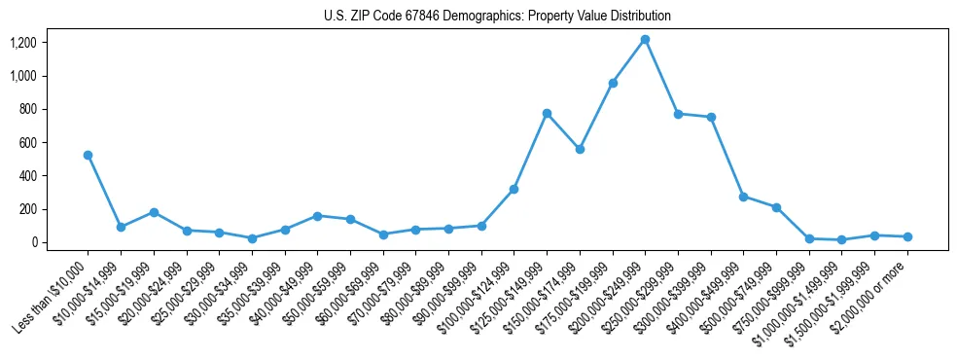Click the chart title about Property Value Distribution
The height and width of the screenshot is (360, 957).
497,17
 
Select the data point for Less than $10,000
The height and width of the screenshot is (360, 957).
89,155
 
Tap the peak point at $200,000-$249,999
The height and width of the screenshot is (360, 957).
645,40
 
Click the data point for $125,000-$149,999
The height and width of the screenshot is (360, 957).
547,113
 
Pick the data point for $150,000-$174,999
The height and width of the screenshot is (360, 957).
580,149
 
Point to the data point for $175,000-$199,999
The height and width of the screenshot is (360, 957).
613,83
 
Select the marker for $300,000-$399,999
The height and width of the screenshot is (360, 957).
711,117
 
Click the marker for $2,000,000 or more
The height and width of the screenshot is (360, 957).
907,236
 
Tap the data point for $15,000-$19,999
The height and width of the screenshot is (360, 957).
154,212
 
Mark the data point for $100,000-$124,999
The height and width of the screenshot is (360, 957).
514,189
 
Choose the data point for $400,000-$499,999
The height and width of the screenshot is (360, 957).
743,197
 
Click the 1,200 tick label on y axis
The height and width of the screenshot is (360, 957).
22,43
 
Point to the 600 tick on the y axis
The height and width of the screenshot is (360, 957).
28,143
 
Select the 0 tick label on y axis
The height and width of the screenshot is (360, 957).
33,242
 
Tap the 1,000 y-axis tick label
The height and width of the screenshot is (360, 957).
22,76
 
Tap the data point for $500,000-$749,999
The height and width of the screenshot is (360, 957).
776,207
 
